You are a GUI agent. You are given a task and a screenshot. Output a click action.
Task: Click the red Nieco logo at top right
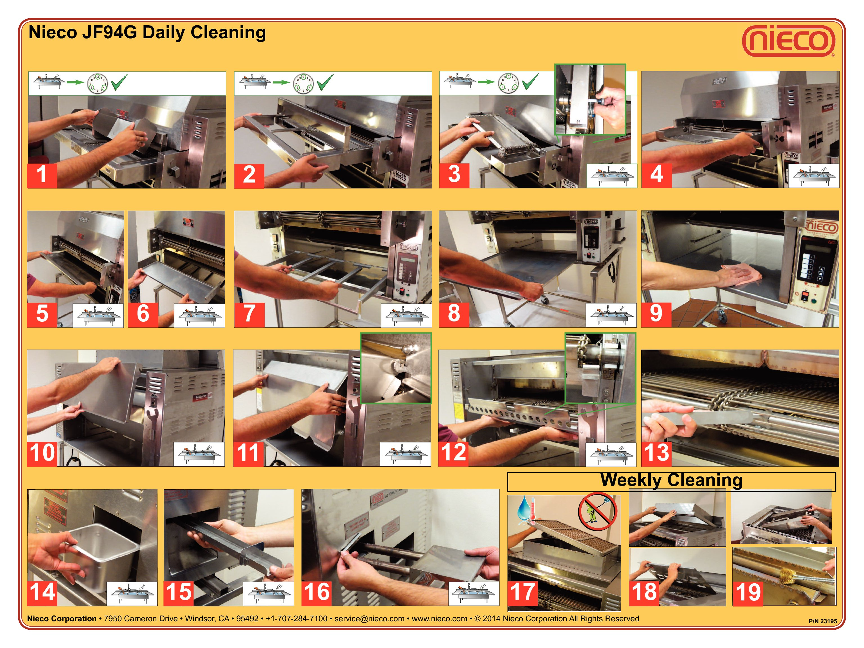coord(789,40)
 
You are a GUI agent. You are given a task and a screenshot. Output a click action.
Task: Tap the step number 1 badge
coord(42,175)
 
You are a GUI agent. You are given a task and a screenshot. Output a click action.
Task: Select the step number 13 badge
coord(656,453)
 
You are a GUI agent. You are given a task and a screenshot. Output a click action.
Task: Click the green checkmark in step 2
coord(325,82)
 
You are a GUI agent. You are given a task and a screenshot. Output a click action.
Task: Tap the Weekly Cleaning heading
coord(671,480)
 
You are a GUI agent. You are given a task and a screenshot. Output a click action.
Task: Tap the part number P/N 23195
coord(823,621)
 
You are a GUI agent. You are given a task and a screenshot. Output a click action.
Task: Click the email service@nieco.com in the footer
coord(369,619)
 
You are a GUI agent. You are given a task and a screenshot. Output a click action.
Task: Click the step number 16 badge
coord(316,592)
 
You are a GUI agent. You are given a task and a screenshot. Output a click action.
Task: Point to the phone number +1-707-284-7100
coord(296,619)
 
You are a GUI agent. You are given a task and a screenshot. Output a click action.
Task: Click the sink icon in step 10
coord(199,454)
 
